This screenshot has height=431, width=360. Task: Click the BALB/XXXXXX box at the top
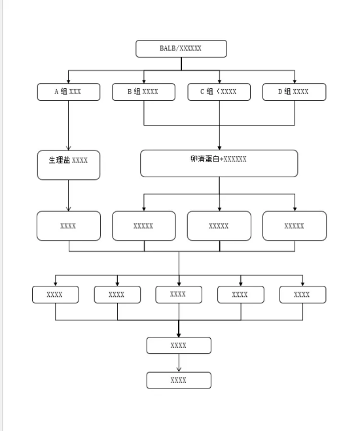pos(181,48)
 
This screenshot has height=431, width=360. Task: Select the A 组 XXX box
pos(69,92)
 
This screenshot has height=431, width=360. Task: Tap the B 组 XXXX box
pos(143,92)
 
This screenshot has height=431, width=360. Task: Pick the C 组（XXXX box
pos(219,92)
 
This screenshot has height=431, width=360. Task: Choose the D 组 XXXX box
pos(295,92)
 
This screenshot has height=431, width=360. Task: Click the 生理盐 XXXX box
pos(69,165)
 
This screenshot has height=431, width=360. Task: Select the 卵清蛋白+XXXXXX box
pos(219,164)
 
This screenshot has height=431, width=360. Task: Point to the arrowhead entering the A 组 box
pos(69,81)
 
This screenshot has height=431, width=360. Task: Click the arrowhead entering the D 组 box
pos(295,81)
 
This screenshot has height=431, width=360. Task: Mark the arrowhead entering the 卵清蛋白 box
pos(219,148)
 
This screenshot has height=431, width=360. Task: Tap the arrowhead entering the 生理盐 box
pos(69,148)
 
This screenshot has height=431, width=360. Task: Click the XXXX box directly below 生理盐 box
pos(69,226)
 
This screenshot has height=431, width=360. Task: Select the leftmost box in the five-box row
pos(56,295)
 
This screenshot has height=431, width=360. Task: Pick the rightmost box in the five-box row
pos(303,295)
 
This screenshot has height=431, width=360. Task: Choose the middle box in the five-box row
pos(179,295)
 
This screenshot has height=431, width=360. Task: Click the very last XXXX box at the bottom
pos(179,381)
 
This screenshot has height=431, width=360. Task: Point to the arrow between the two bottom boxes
pos(179,363)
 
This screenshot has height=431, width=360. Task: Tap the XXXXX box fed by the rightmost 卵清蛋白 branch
pos(295,226)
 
